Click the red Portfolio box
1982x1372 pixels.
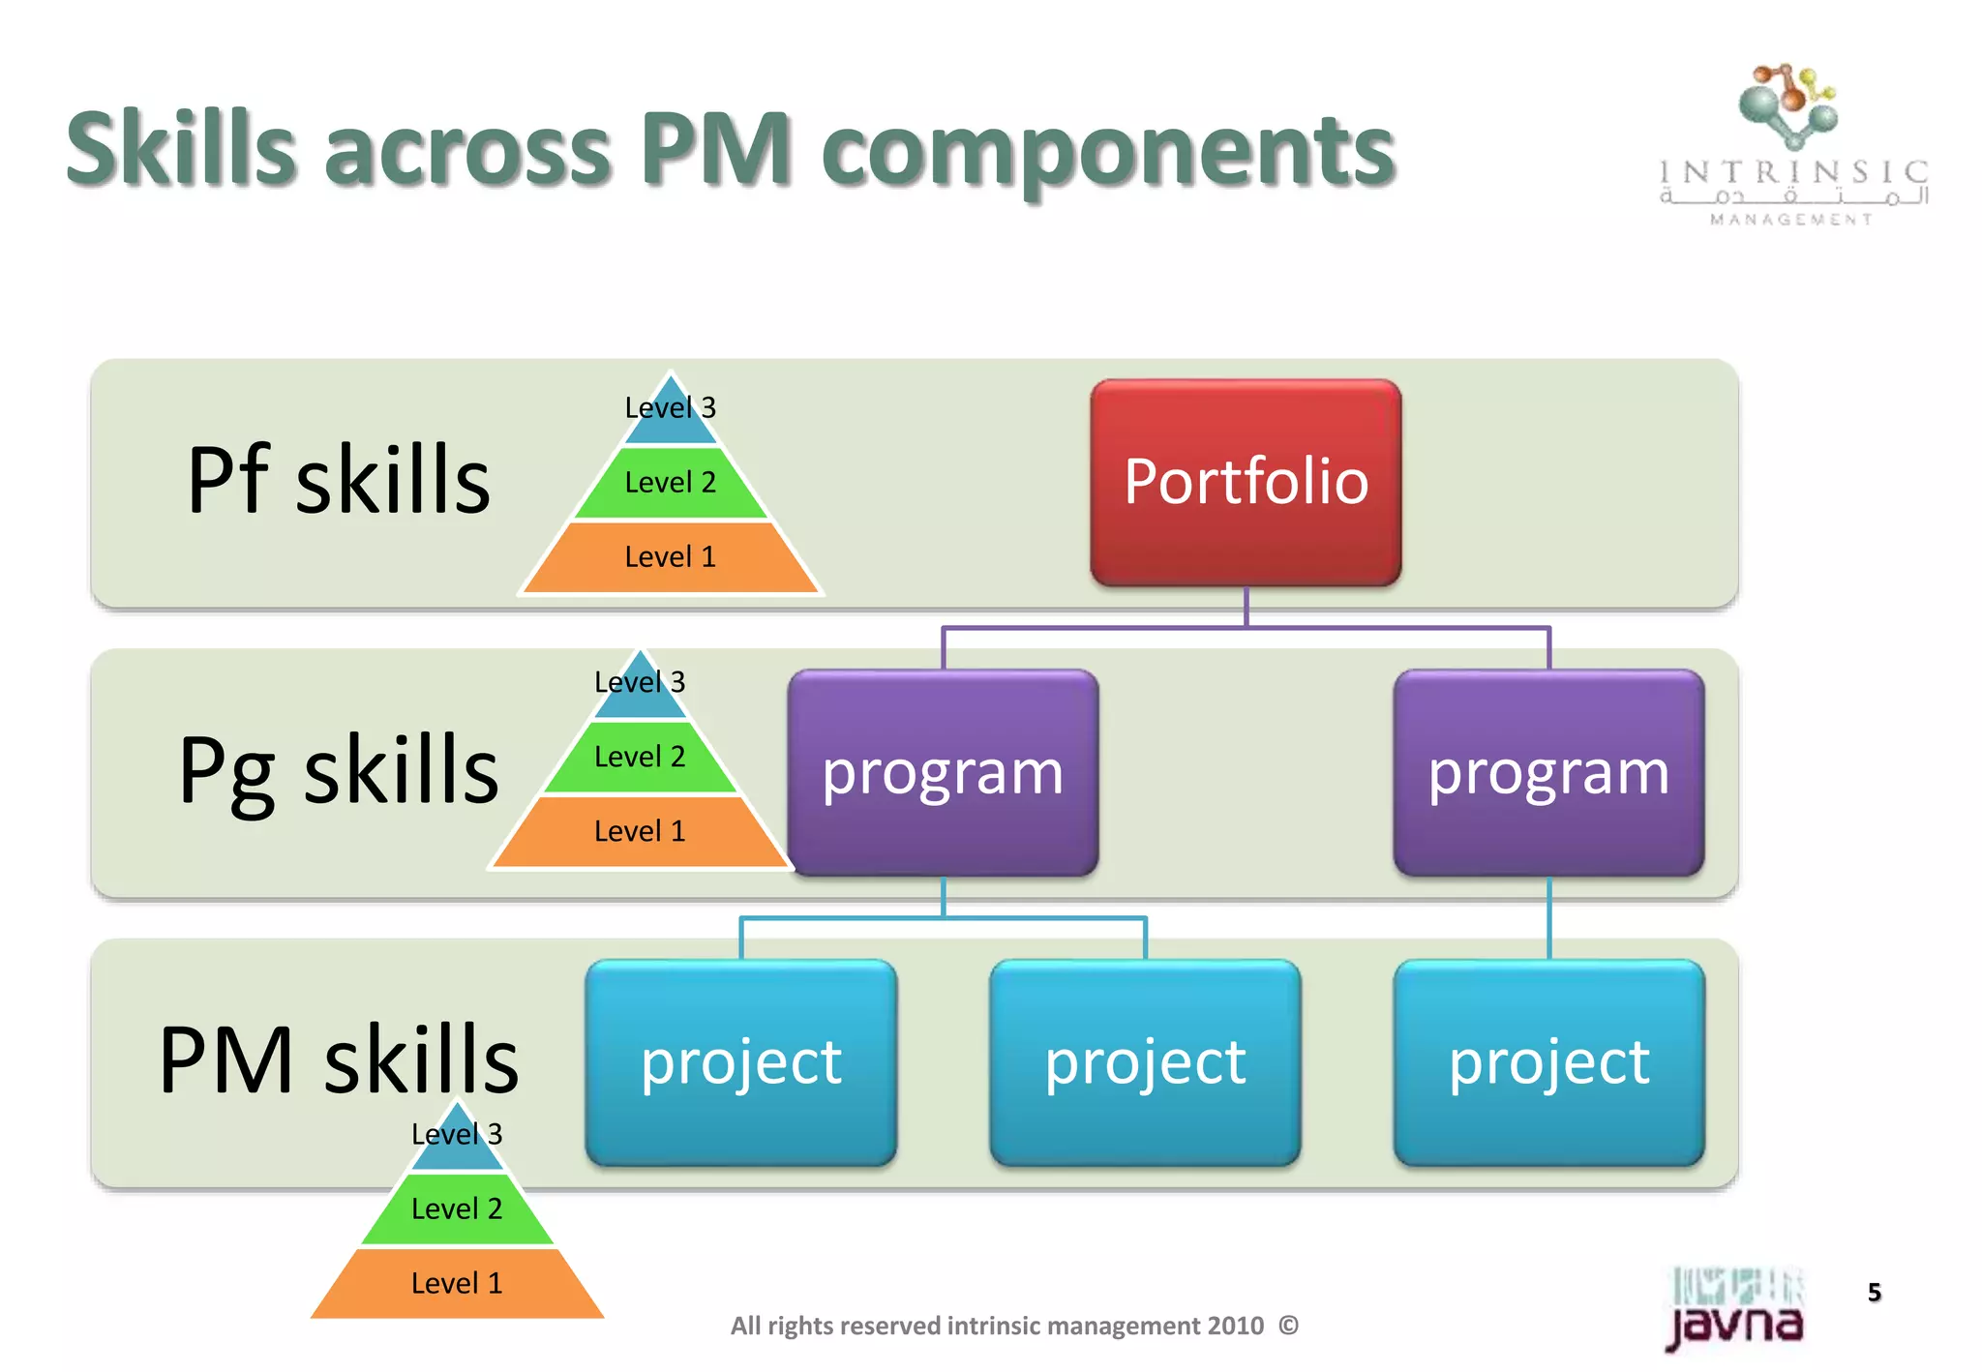pyautogui.click(x=1246, y=482)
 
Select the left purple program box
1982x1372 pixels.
pyautogui.click(x=943, y=772)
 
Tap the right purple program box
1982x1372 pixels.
pyautogui.click(x=1548, y=772)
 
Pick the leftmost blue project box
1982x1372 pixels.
pyautogui.click(x=741, y=1061)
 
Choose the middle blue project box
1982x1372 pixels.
pyautogui.click(x=1145, y=1061)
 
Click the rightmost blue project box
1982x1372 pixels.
pyautogui.click(x=1548, y=1061)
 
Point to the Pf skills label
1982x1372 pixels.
pyautogui.click(x=339, y=480)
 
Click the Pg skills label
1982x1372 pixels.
pyautogui.click(x=339, y=770)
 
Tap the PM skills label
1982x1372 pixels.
pyautogui.click(x=339, y=1060)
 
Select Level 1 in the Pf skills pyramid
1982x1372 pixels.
pyautogui.click(x=670, y=557)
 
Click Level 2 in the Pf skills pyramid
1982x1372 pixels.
pyautogui.click(x=670, y=482)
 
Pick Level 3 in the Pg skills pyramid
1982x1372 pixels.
pyautogui.click(x=640, y=683)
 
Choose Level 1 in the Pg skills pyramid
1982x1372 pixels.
pyautogui.click(x=640, y=831)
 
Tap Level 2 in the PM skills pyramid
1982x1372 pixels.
pyautogui.click(x=457, y=1208)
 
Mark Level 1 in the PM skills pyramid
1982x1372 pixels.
pyautogui.click(x=457, y=1283)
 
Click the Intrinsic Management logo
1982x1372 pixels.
pyautogui.click(x=1793, y=145)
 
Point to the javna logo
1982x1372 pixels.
pyautogui.click(x=1734, y=1309)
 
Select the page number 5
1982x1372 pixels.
pyautogui.click(x=1875, y=1292)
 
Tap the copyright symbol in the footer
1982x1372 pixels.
pyautogui.click(x=1288, y=1325)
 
